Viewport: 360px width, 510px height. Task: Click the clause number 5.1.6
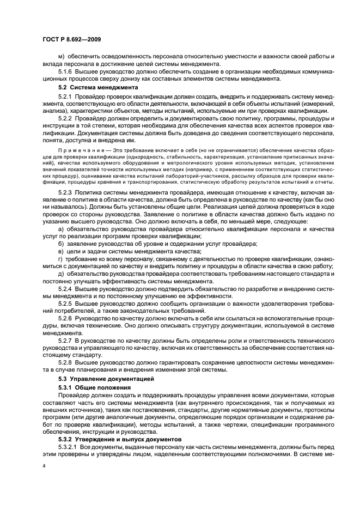(65, 72)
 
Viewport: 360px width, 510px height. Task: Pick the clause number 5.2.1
(65, 95)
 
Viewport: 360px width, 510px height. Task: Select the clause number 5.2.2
(65, 118)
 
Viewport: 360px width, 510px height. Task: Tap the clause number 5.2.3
(65, 192)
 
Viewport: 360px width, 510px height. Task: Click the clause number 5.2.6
(65, 317)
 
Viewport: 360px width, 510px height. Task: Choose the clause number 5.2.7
(65, 339)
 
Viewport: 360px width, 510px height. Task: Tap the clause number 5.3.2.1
(68, 446)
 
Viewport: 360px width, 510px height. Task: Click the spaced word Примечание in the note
(76, 148)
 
